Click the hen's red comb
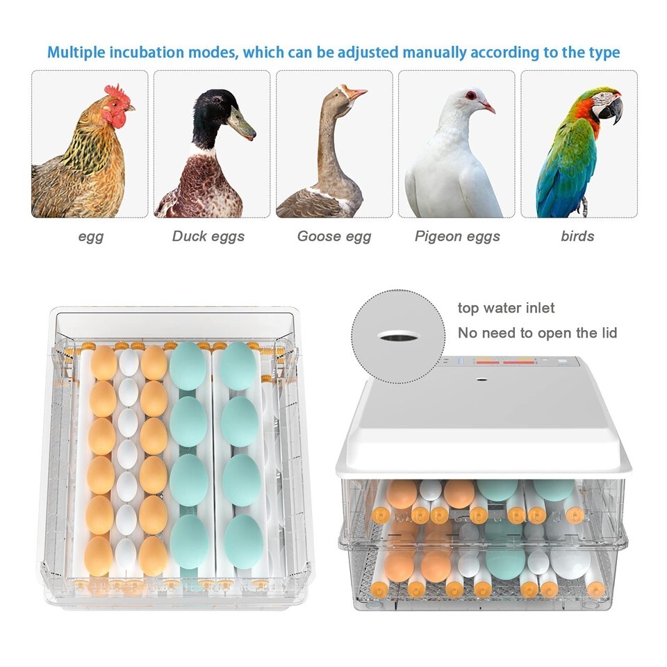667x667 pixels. point(115,91)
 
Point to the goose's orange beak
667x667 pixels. point(356,93)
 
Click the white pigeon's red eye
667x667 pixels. point(470,95)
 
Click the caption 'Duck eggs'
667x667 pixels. point(208,236)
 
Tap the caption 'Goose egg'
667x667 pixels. point(334,236)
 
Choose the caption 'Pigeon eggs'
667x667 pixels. point(457,236)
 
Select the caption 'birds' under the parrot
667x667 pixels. point(577,236)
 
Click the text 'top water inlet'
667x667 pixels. point(506,308)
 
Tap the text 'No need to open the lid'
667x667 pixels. point(537,333)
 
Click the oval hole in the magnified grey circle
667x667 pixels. point(399,336)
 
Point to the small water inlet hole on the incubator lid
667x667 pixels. point(481,378)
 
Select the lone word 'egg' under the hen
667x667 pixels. point(90,236)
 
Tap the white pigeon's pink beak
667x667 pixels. point(488,106)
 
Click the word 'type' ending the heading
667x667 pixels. point(604,53)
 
